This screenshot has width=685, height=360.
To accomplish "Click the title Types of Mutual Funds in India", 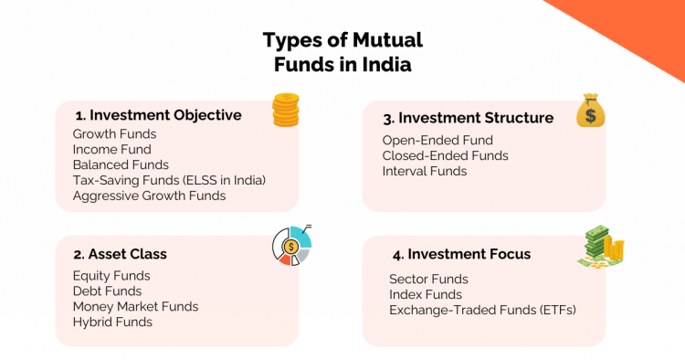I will coord(342,53).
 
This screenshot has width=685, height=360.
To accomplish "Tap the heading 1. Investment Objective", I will coord(159,115).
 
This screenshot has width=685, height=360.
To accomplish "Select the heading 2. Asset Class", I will coord(121,253).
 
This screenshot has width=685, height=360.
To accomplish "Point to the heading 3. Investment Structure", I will coord(468,118).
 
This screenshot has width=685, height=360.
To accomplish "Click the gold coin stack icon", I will coord(286,111).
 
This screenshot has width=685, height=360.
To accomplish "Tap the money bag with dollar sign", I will coord(590,112).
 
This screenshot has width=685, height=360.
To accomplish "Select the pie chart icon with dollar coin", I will coord(292,246).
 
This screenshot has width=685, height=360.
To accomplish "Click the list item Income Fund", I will coord(112,149).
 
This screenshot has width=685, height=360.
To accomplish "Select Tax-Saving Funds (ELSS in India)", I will coord(169,180).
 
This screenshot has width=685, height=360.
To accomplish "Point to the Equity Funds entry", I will coord(111,275).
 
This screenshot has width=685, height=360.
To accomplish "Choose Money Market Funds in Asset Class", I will coord(135,306).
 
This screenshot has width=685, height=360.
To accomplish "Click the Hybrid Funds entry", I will coord(112,322).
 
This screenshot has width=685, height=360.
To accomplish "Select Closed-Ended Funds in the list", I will coord(445,155).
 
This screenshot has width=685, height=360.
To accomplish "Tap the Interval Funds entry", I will coord(425,171).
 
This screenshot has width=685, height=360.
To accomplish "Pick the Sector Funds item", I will coord(428,279).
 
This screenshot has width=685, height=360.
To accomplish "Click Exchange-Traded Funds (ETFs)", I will coord(482,310).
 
